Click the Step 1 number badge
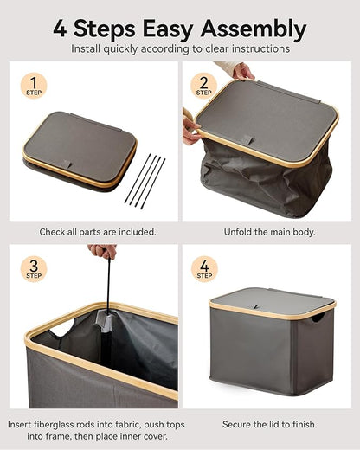pyautogui.click(x=34, y=86)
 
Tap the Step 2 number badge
pyautogui.click(x=203, y=86)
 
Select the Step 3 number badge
pyautogui.click(x=34, y=269)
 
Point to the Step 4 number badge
pyautogui.click(x=204, y=269)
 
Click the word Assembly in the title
pyautogui.click(x=254, y=29)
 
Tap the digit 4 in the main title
pyautogui.click(x=60, y=29)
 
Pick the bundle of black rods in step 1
pyautogui.click(x=145, y=182)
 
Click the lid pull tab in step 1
pyautogui.click(x=67, y=164)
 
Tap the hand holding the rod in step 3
pyautogui.click(x=103, y=251)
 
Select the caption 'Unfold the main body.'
pyautogui.click(x=269, y=232)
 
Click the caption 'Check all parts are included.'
pyautogui.click(x=98, y=232)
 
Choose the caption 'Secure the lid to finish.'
pyautogui.click(x=269, y=424)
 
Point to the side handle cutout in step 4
pyautogui.click(x=318, y=318)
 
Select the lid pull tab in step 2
pyautogui.click(x=248, y=140)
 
